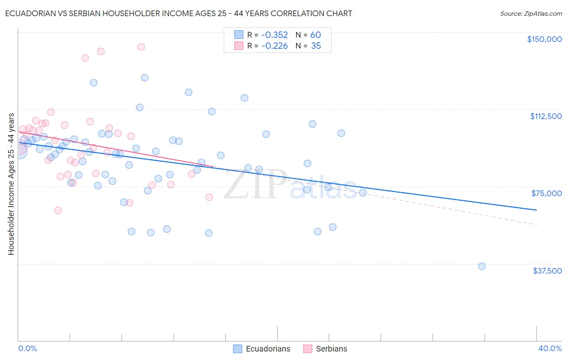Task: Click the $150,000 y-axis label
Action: point(544,39)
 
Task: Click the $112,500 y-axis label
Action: point(546,116)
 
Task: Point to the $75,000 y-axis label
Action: point(546,193)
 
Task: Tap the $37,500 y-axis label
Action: point(547,271)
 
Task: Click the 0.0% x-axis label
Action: point(27,348)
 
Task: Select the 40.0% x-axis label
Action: point(550,348)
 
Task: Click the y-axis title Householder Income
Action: point(11,184)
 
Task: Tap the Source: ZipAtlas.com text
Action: point(531,13)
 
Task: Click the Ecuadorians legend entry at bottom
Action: point(268,349)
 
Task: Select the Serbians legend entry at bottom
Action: point(331,349)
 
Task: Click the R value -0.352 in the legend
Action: point(274,35)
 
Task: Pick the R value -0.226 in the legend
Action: point(274,46)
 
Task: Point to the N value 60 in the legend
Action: point(315,35)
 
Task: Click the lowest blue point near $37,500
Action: point(482,266)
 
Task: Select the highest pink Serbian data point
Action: point(141,47)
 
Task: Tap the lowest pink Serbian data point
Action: point(58,210)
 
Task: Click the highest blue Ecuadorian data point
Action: point(144,77)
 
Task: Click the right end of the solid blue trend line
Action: point(536,210)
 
